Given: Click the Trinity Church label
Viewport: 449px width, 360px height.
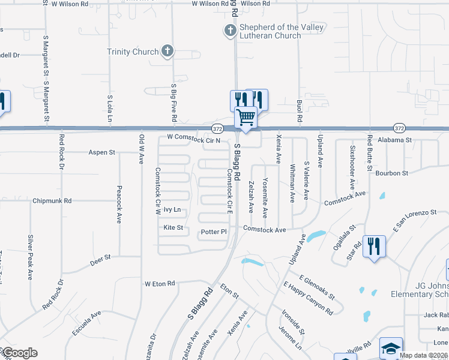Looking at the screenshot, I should click(133, 52).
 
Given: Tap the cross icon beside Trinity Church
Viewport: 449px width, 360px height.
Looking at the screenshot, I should click(167, 52).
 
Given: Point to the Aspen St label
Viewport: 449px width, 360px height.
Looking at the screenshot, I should click(101, 152).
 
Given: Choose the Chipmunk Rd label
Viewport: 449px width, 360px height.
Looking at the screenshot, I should click(52, 200).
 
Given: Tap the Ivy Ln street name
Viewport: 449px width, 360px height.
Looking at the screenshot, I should click(172, 210).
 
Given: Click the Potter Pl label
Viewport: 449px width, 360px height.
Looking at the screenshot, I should click(214, 232).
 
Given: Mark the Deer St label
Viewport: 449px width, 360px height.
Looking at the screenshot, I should click(101, 257).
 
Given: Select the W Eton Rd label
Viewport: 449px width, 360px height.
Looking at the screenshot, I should click(159, 283).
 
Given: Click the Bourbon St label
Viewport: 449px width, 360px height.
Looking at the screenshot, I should click(392, 173).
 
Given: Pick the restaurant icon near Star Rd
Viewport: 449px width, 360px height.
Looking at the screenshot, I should click(374, 245).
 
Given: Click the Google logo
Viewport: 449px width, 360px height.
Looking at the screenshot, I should click(19, 353).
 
